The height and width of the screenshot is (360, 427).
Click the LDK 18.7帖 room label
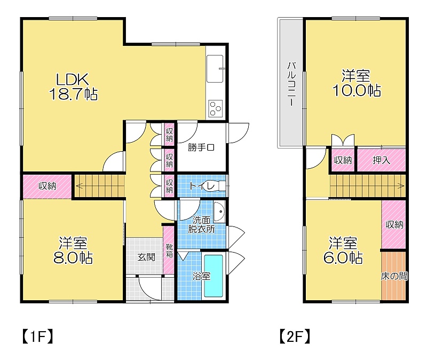pos(73,87)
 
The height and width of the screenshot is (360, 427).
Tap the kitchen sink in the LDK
pos(215,69)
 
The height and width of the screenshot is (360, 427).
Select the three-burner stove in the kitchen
pos(216,108)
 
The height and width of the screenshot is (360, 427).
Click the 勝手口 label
pos(201,148)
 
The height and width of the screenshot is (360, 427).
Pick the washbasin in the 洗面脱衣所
pos(219,212)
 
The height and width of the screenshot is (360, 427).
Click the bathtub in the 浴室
pos(213,276)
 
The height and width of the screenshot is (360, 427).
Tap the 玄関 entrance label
pos(146,257)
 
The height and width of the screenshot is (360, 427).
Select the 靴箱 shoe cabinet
pos(169,250)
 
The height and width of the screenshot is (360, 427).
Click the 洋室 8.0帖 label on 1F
pos(73,251)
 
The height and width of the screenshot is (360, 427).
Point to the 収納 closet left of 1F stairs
pos(48,186)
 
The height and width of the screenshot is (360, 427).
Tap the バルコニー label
pos(291,84)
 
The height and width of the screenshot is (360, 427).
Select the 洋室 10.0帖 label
pos(357,83)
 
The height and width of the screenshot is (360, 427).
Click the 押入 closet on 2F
pos(381,160)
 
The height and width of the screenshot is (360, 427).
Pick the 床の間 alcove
pos(394,276)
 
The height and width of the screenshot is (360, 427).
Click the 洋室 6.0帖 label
pos(343,251)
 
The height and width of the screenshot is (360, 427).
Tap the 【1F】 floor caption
pos(37,337)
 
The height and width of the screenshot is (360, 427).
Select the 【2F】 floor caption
pos(295,337)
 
